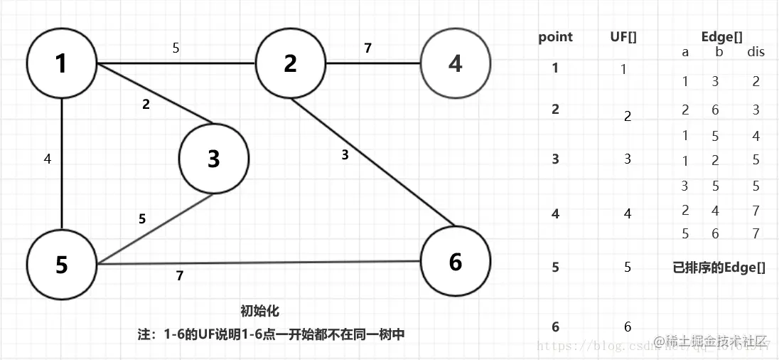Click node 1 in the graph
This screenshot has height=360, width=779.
[61, 64]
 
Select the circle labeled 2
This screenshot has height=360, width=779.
[290, 64]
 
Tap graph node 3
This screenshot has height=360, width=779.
[214, 159]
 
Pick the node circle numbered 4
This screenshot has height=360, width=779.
[456, 64]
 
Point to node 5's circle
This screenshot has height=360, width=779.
[61, 265]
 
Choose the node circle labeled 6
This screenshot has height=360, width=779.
[456, 262]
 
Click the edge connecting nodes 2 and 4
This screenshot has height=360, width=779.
[373, 64]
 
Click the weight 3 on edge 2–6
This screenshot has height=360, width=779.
[345, 154]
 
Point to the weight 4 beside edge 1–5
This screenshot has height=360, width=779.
[48, 159]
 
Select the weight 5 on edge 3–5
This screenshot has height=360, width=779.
[142, 219]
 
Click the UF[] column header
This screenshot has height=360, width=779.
[623, 37]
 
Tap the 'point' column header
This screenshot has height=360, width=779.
[555, 37]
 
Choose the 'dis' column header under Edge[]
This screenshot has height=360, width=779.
[756, 52]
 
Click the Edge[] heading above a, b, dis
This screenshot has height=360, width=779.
[721, 37]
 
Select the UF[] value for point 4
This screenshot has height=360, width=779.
[628, 213]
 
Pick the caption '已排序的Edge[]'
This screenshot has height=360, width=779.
[719, 268]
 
